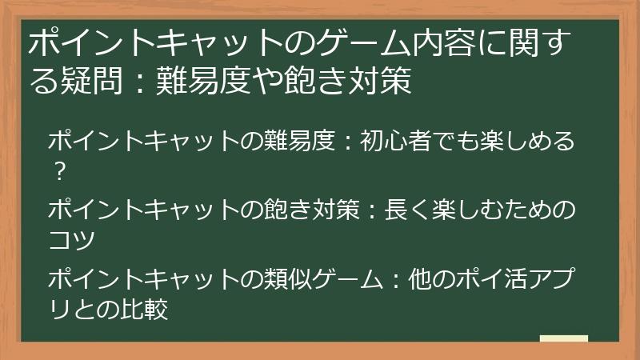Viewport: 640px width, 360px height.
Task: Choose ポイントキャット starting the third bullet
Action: tap(144, 279)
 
